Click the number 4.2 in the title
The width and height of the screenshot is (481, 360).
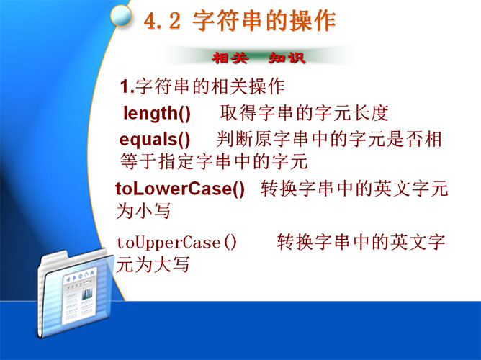pyautogui.click(x=163, y=22)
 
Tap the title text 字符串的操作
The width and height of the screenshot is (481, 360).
pyautogui.click(x=264, y=21)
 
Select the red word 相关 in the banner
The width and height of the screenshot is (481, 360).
pyautogui.click(x=230, y=58)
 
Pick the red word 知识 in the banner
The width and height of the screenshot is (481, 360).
pyautogui.click(x=287, y=58)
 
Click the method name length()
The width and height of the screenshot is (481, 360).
pyautogui.click(x=157, y=113)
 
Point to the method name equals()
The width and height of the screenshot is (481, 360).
pyautogui.click(x=155, y=140)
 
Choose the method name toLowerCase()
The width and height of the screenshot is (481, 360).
pyautogui.click(x=180, y=188)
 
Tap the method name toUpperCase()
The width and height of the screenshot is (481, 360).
pyautogui.click(x=176, y=243)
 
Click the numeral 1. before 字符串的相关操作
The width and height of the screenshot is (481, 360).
pyautogui.click(x=127, y=86)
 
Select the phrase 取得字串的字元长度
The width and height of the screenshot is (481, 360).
pyautogui.click(x=305, y=113)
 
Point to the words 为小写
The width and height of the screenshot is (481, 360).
pyautogui.click(x=143, y=211)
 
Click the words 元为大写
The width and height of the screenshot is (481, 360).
pyautogui.click(x=153, y=264)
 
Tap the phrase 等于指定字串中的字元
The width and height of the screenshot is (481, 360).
pyautogui.click(x=214, y=161)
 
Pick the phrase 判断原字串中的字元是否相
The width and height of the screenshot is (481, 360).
pyautogui.click(x=329, y=139)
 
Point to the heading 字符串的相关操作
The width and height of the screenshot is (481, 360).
pyautogui.click(x=210, y=86)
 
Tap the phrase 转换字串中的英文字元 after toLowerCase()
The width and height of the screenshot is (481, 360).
pyautogui.click(x=354, y=188)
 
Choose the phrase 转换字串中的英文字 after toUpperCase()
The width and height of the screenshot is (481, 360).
pyautogui.click(x=361, y=242)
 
